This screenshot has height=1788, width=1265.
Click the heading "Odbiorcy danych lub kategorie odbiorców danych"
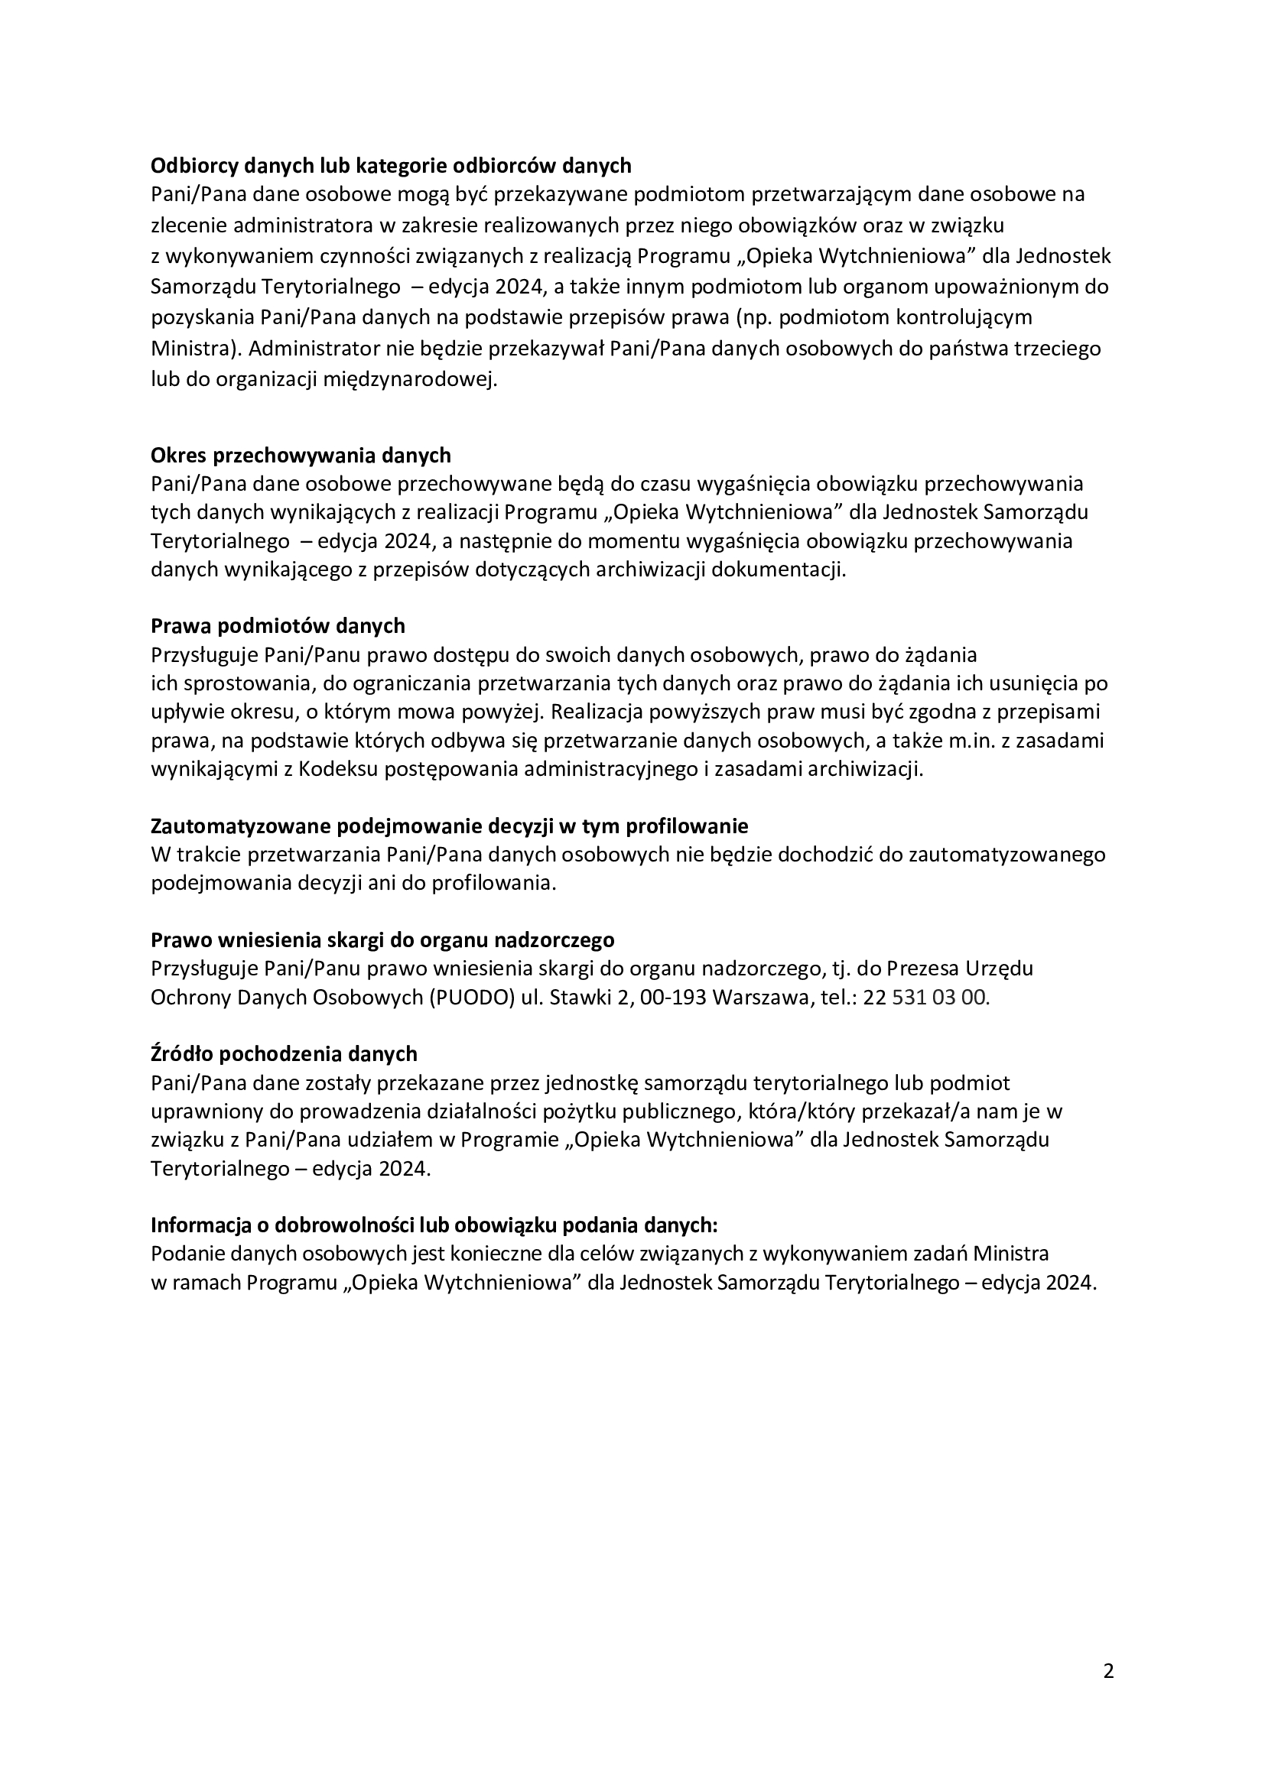390,166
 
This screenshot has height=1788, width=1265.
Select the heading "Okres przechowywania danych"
301,455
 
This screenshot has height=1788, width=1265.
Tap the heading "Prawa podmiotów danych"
278,626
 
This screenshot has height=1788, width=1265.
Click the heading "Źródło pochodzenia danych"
284,1053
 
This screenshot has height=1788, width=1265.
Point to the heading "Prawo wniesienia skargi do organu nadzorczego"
382,940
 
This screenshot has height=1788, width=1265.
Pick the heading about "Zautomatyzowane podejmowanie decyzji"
449,826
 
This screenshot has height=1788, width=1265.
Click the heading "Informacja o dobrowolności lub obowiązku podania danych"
434,1225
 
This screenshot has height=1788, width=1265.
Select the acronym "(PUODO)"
471,998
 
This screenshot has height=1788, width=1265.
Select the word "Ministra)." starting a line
196,348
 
